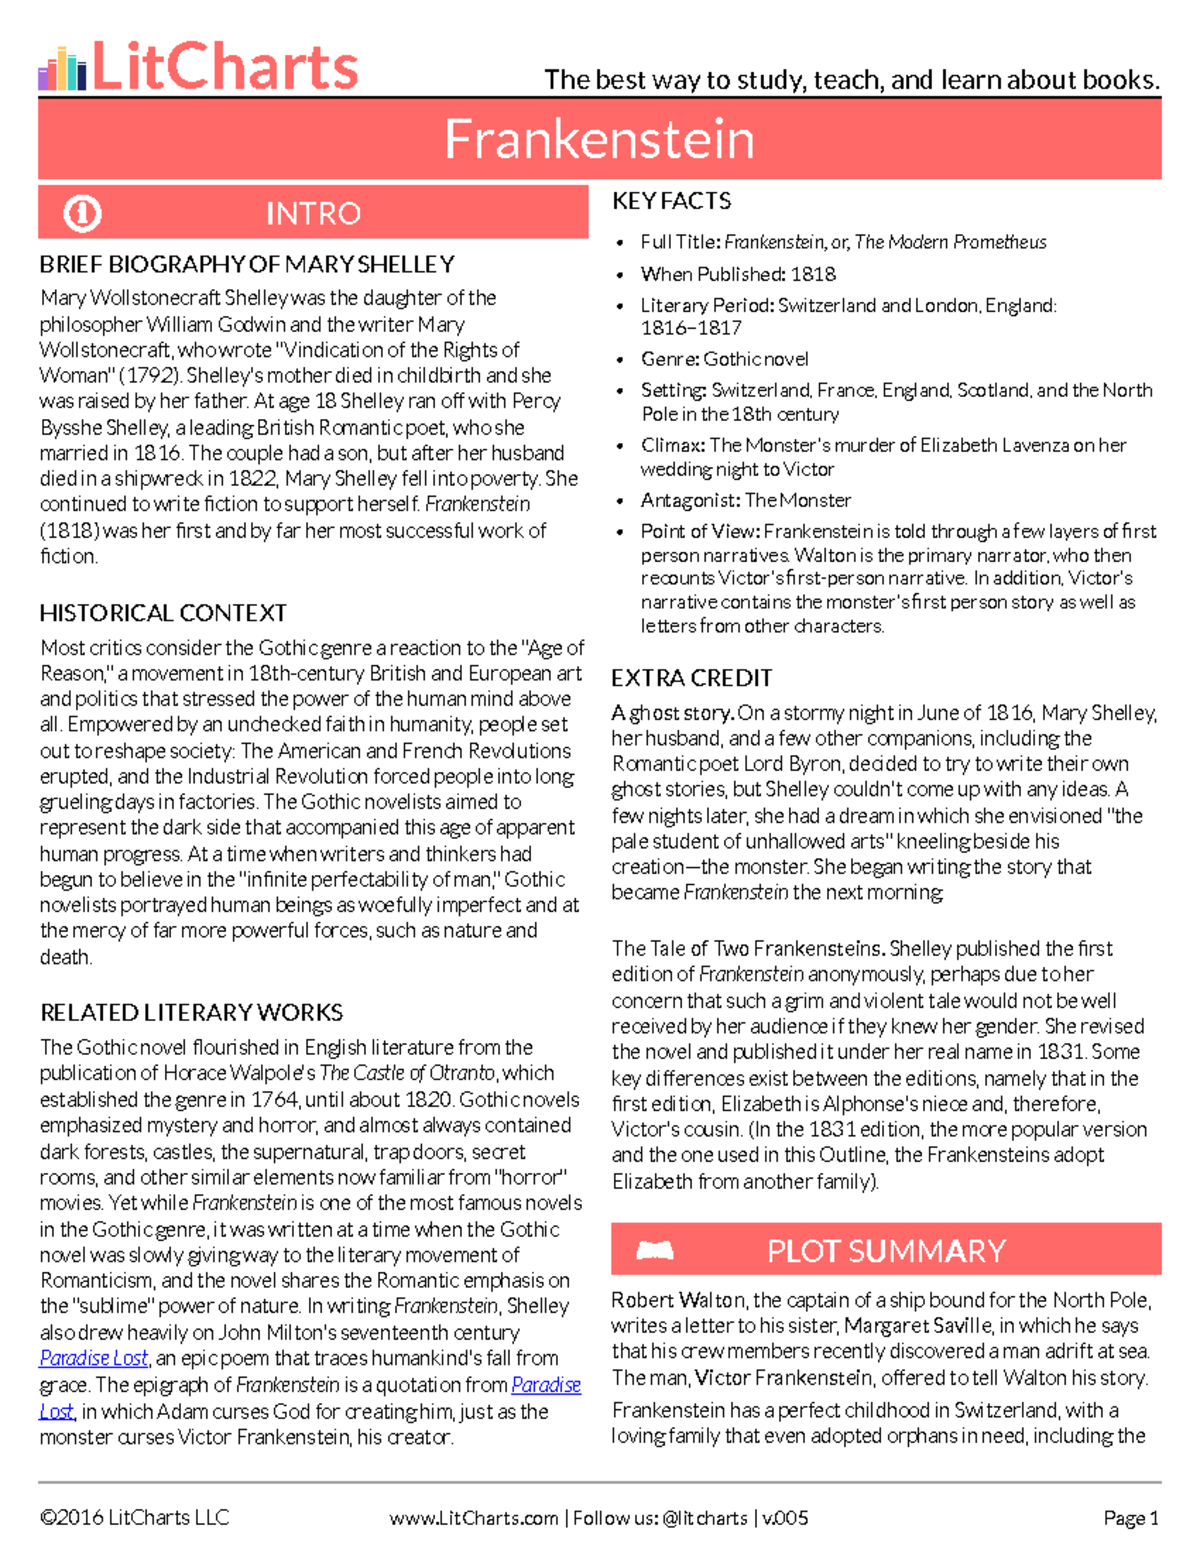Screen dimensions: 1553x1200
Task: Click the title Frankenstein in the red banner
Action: coord(599,139)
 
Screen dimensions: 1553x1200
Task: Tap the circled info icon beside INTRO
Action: coord(82,213)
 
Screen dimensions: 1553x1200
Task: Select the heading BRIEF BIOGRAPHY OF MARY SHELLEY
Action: coord(247,265)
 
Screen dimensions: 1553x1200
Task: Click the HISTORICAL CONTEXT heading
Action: coord(163,613)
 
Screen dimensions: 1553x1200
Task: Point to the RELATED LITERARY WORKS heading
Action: coord(191,1012)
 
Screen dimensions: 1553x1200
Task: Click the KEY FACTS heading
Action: coord(671,201)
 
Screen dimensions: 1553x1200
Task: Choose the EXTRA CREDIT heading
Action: coord(691,678)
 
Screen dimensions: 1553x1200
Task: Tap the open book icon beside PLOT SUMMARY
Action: coord(655,1250)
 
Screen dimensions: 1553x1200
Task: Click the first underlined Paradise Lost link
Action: coord(94,1358)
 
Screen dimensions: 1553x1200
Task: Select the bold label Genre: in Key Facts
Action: coord(670,359)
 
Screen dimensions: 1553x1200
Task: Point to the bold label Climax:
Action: coord(673,445)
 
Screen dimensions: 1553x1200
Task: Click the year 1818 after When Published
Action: coord(812,274)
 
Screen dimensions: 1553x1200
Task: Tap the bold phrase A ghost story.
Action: coord(673,713)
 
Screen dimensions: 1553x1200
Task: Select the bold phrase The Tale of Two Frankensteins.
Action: coord(747,948)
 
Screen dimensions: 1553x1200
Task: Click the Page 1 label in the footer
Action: coord(1130,1518)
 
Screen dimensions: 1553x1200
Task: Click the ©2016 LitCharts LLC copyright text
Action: coord(134,1518)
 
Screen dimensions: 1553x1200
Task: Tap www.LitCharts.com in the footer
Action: coord(473,1518)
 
